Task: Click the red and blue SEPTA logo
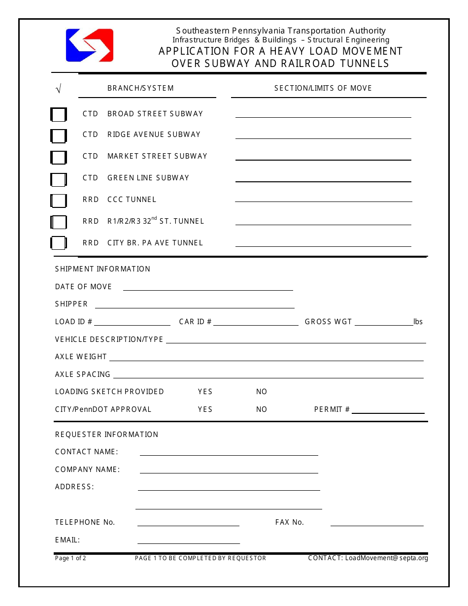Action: [x=90, y=45]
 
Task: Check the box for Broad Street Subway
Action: [x=59, y=115]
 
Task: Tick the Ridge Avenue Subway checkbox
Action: [x=59, y=136]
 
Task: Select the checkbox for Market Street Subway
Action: [x=59, y=158]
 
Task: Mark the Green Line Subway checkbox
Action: [x=59, y=180]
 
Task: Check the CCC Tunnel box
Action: [x=59, y=201]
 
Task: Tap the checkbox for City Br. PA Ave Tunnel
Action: [x=59, y=243]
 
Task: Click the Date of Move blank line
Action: [x=207, y=287]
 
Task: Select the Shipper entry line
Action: [x=194, y=305]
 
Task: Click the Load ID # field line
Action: [x=132, y=322]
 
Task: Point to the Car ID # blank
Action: [x=256, y=322]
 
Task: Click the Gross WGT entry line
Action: [x=384, y=322]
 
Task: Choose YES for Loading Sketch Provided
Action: [x=205, y=392]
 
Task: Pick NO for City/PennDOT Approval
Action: [x=262, y=409]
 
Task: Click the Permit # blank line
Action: [x=388, y=410]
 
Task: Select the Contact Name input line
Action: [x=229, y=452]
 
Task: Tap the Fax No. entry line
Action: [x=377, y=523]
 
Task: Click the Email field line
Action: [x=188, y=540]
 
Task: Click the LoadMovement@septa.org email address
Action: [x=387, y=558]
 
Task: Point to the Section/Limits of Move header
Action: [x=323, y=88]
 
